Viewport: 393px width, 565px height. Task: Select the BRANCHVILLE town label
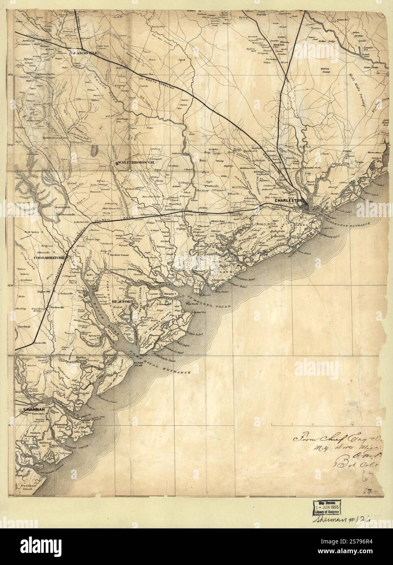85,53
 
